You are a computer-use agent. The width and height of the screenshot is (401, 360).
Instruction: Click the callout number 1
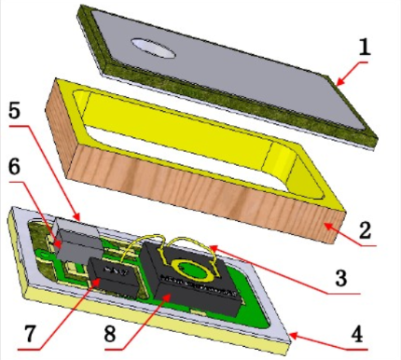[365, 48]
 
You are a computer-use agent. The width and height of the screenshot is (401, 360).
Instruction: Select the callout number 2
[365, 230]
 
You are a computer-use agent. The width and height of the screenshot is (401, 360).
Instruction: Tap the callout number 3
[341, 278]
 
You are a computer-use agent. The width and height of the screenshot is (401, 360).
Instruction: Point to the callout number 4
[357, 334]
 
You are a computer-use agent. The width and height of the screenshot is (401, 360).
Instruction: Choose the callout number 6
[14, 167]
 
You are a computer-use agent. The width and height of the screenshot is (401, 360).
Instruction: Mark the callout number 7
[31, 334]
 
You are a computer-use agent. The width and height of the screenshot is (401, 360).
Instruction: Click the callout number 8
[109, 334]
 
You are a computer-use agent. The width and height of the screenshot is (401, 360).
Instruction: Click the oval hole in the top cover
[153, 48]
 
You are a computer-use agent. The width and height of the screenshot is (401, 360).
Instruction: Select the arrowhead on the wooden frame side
[326, 227]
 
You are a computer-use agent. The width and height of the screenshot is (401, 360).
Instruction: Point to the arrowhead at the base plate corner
[294, 337]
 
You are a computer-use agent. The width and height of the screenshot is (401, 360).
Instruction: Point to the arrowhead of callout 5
[76, 216]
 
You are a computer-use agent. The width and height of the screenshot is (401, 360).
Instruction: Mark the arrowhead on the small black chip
[97, 282]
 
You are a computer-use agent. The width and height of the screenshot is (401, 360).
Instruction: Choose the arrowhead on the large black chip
[167, 298]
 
